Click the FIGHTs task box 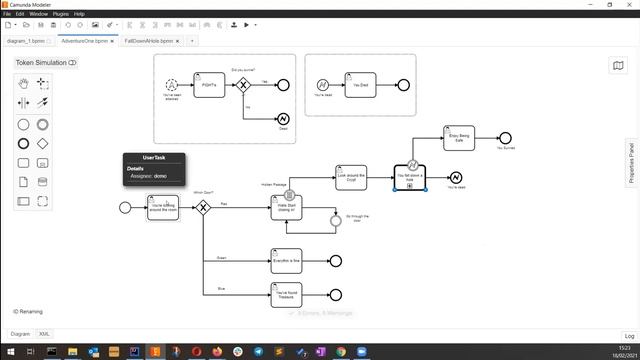[209, 85]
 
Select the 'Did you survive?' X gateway [242, 86]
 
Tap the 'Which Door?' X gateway [204, 207]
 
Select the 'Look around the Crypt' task [351, 177]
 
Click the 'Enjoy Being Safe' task [458, 138]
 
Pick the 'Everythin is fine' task [286, 260]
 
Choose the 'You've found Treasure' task [286, 294]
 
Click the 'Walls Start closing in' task [286, 207]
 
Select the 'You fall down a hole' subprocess [410, 177]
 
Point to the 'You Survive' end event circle [505, 138]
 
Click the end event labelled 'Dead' [283, 119]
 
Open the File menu [7, 14]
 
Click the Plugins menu [60, 14]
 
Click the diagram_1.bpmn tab [27, 41]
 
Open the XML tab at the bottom [44, 333]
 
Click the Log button [629, 336]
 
